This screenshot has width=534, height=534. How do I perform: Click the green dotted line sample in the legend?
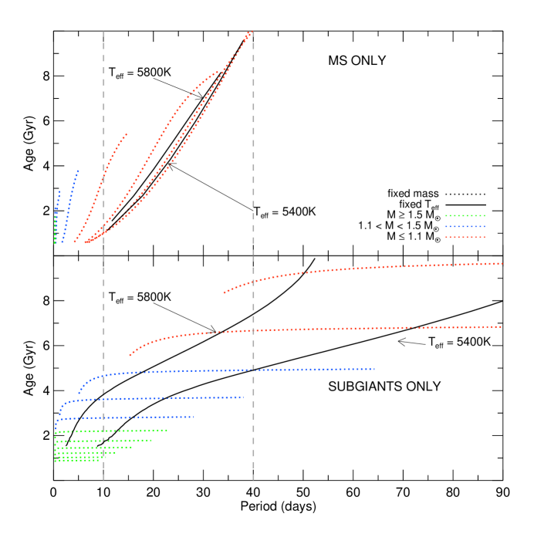465,215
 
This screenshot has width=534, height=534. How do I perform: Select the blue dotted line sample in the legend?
465,226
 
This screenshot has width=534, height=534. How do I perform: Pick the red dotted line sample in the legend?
465,237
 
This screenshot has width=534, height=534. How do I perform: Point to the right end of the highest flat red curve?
502,263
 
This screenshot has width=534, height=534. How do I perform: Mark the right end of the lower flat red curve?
501,326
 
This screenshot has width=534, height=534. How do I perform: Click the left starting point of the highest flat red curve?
224,292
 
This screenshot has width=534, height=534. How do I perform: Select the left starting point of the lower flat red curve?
130,355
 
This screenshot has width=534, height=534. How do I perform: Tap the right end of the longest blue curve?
374,369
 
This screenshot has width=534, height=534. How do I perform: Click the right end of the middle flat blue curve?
243,397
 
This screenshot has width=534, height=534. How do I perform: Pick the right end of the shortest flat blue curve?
194,417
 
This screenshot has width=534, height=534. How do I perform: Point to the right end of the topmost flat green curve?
167,430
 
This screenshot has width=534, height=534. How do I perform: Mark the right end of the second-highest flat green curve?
151,440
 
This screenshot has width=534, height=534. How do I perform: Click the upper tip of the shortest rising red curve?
127,134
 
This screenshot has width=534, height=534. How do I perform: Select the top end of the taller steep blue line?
78,171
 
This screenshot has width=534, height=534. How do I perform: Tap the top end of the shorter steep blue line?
59,191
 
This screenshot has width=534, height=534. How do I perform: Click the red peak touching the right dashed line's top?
249,33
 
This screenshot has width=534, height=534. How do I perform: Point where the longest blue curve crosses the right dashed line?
253,370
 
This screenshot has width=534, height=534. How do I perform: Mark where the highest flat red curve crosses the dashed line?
253,280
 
